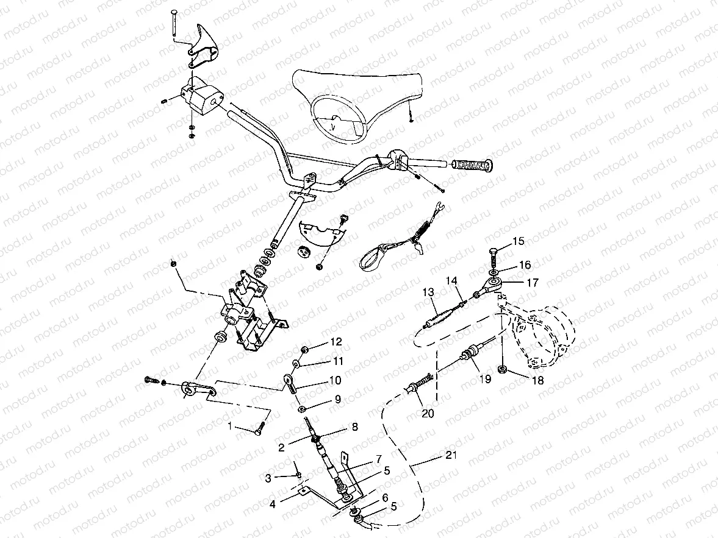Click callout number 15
[517, 241]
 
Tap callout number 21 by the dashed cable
[450, 455]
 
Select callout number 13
[429, 292]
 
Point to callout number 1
[230, 427]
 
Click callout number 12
[337, 341]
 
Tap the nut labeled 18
[503, 369]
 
